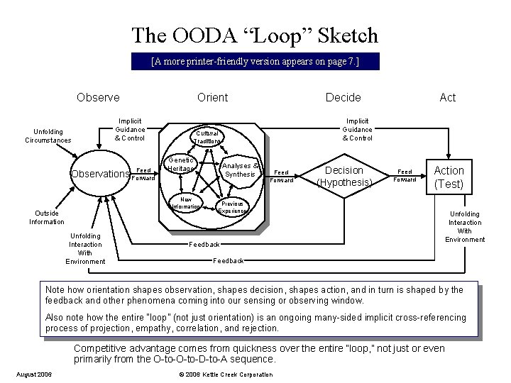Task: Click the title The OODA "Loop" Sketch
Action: point(255,35)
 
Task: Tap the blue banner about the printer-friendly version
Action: point(255,62)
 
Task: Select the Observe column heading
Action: point(98,97)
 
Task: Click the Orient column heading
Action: point(212,97)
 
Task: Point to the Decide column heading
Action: point(343,97)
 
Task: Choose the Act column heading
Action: point(448,97)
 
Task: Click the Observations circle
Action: point(99,174)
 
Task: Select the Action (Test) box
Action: point(449,177)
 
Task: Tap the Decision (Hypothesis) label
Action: point(344,177)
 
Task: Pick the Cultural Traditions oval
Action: point(208,137)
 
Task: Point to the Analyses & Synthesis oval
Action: point(240,170)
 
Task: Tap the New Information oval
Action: point(186,203)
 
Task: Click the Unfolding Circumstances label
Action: point(48,135)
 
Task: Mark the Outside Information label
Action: point(47,217)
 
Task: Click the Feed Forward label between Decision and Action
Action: point(406,175)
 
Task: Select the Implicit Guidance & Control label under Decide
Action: point(357,130)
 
